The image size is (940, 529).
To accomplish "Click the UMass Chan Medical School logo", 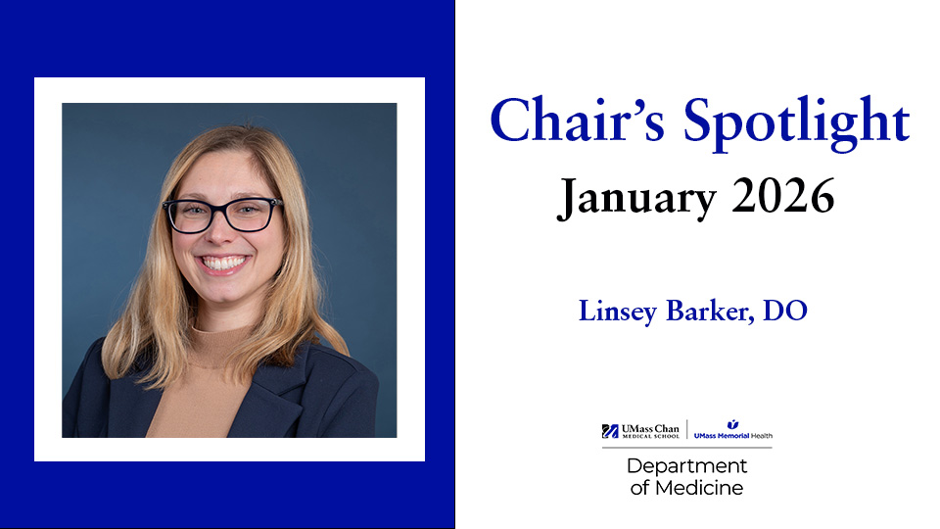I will tap(641, 431).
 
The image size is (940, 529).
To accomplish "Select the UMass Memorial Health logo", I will tap(732, 431).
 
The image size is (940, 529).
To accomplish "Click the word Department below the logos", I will tap(686, 466).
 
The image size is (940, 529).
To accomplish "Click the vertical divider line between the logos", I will tap(686, 431).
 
